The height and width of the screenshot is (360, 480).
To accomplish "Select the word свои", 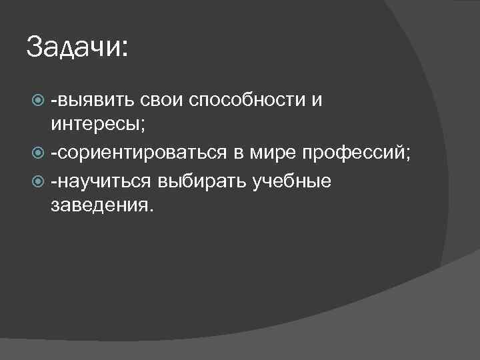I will (x=162, y=101).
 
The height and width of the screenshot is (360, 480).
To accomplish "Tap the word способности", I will (x=246, y=101).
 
